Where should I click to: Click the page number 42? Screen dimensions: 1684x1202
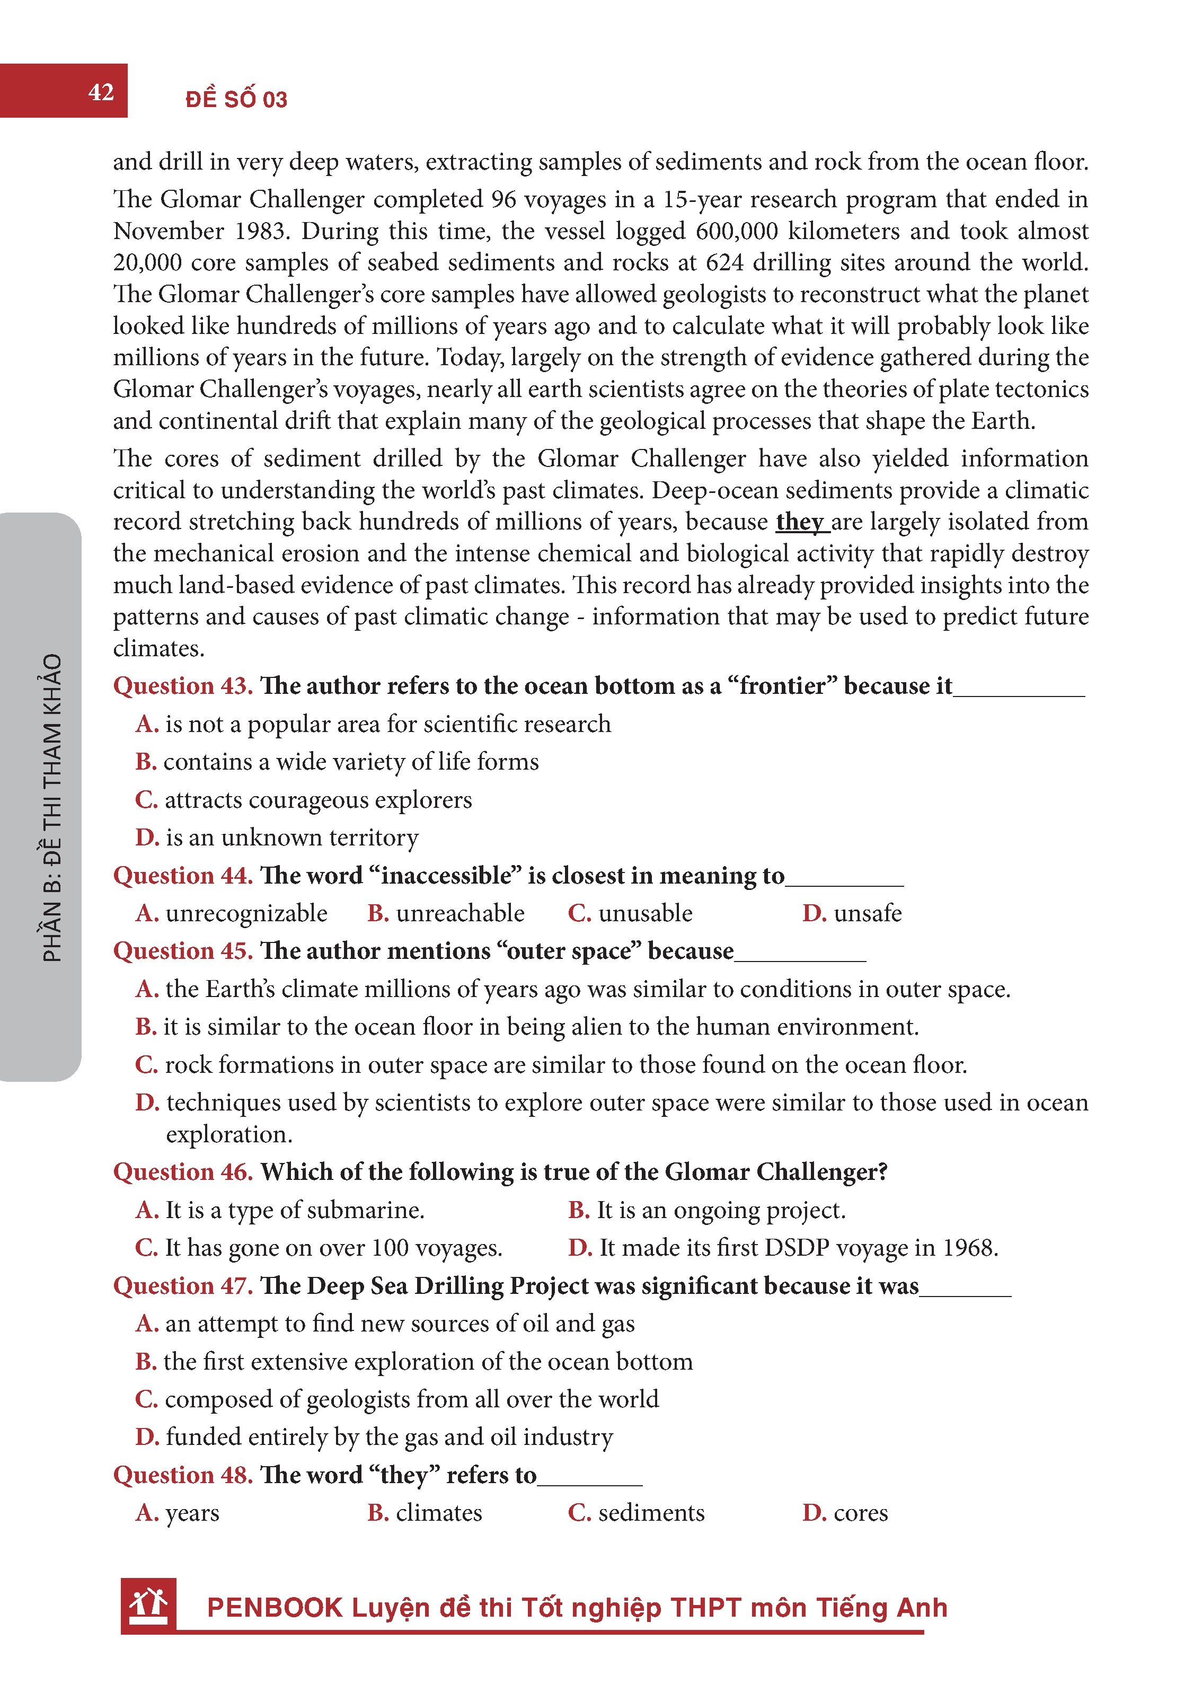[x=101, y=92]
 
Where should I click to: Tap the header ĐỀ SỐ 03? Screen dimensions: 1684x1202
[x=236, y=99]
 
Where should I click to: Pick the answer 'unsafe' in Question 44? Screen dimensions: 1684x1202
[x=868, y=913]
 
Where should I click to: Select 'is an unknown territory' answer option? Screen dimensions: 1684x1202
[x=291, y=837]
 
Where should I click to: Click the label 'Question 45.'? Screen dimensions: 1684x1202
[x=183, y=951]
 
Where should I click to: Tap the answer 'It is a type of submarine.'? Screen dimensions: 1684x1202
[x=295, y=1210]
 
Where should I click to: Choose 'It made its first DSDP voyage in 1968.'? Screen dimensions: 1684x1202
[x=798, y=1248]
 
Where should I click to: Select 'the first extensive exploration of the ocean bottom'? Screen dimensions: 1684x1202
[x=428, y=1361]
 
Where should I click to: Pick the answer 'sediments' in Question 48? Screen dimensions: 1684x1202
[x=651, y=1512]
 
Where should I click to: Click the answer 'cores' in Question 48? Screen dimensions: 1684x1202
[x=860, y=1512]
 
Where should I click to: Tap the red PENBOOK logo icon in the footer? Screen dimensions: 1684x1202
[x=149, y=1606]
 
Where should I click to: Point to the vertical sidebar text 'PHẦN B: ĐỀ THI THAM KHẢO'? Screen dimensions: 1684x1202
[x=52, y=807]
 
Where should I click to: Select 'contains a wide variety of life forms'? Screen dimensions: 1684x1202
[x=351, y=762]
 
